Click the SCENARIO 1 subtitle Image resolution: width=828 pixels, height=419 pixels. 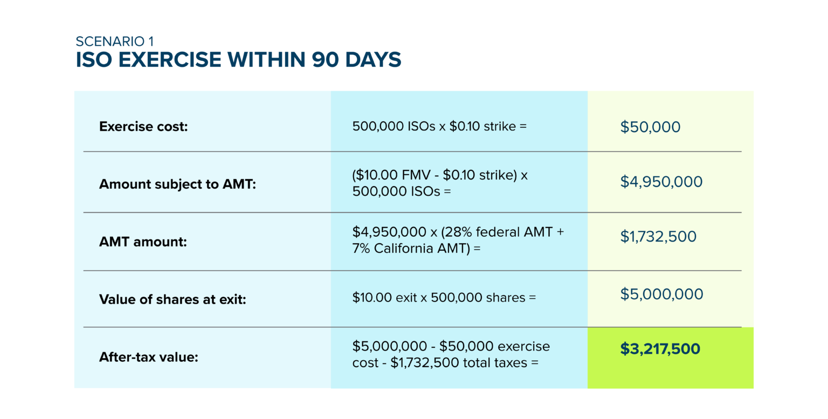pos(115,42)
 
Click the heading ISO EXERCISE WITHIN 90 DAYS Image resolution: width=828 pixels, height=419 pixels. pos(238,60)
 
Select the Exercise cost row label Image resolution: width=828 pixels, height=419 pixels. pos(143,127)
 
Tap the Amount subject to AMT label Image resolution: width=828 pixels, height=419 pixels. pos(177,184)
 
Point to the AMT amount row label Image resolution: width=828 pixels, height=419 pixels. pos(143,242)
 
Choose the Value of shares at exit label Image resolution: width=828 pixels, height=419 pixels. pos(172,299)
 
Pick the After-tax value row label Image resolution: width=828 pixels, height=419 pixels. pos(149,356)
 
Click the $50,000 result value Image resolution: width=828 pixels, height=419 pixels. pos(650,127)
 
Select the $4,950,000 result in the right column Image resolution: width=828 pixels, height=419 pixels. pos(661,182)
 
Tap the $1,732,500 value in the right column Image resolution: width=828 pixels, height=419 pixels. pos(658,236)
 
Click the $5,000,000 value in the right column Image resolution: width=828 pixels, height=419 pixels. pos(661,294)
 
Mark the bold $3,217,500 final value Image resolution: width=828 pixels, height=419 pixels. pos(660,349)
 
